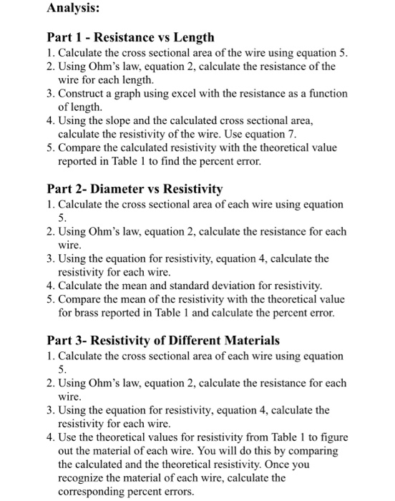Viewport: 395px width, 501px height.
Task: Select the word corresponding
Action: (x=94, y=491)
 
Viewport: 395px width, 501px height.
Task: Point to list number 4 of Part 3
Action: (x=50, y=437)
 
